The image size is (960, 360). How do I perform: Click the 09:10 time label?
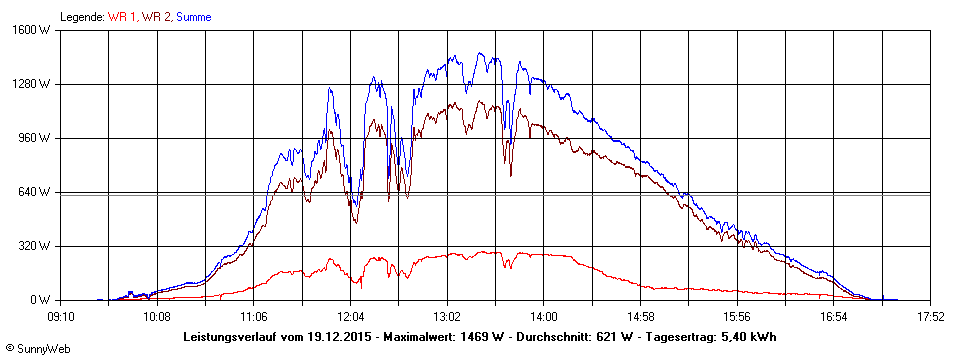point(61,317)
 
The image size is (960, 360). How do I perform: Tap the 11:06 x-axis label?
point(254,317)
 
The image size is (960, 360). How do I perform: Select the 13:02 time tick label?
point(447,317)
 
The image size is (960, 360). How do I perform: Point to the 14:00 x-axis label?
point(543,317)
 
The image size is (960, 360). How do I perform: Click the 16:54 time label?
point(833,317)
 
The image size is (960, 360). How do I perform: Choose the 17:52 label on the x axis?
point(930,317)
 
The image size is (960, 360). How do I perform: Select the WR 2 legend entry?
point(157,17)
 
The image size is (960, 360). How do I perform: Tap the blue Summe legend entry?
point(194,17)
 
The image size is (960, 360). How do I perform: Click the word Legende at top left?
point(82,17)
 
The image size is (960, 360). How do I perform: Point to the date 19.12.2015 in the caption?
point(341,336)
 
